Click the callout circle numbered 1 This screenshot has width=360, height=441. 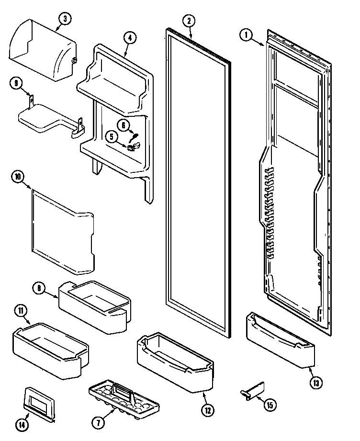(246, 35)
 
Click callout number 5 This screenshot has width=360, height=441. (112, 136)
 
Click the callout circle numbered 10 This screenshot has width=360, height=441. (18, 177)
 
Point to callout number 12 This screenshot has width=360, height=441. (206, 410)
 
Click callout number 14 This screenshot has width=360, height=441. (23, 424)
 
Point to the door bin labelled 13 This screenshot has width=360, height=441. (280, 340)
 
